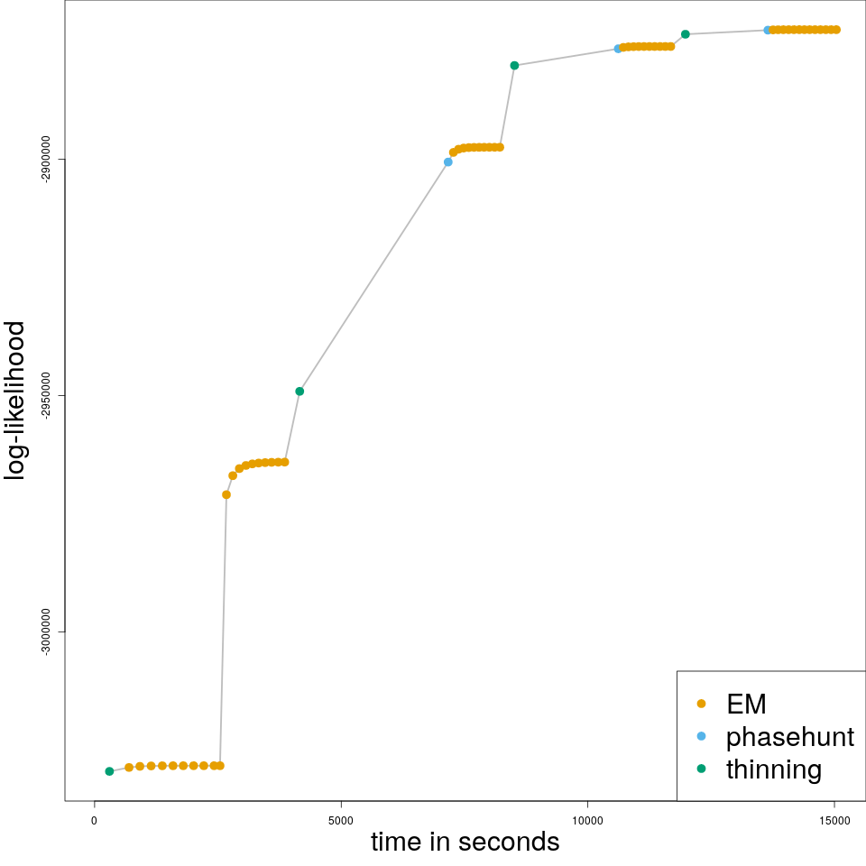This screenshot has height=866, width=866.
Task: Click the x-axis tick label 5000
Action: coord(341,820)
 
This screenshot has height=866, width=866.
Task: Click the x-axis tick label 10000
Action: coord(587,820)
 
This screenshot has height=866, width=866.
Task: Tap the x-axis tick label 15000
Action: coord(834,820)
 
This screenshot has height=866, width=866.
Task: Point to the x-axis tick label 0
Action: coord(95,820)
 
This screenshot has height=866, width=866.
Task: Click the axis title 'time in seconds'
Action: coord(465,843)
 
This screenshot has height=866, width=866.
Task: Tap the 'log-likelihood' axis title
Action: coord(17,400)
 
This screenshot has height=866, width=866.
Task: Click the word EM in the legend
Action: coord(746,704)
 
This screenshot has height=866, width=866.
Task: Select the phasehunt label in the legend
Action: coord(789,737)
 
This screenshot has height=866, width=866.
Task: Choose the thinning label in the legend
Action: coord(773,769)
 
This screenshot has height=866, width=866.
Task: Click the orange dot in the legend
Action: coord(702,704)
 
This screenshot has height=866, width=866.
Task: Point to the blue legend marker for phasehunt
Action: coord(702,737)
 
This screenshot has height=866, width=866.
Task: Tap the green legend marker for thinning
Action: coord(702,769)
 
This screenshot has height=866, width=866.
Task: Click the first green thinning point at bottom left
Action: coord(109,771)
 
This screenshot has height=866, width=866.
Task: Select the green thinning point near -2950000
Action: coord(299,392)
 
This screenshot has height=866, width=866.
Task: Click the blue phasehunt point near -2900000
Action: coord(448,162)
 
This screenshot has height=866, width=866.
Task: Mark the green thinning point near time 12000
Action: coord(686,34)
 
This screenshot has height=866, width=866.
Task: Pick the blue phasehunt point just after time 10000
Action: coord(618,49)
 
